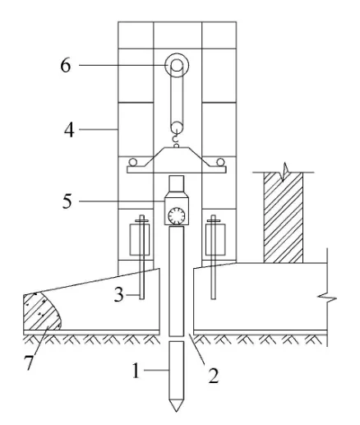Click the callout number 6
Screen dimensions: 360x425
pyautogui.click(x=66, y=65)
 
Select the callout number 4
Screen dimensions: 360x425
pyautogui.click(x=70, y=130)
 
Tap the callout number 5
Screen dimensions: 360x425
pyautogui.click(x=67, y=201)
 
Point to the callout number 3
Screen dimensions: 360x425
pyautogui.click(x=119, y=295)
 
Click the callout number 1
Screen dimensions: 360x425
pyautogui.click(x=136, y=371)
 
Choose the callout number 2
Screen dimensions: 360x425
pyautogui.click(x=214, y=376)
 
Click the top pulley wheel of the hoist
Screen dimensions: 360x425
pyautogui.click(x=177, y=65)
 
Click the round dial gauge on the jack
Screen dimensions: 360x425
pyautogui.click(x=177, y=216)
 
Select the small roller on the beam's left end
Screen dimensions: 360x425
pyautogui.click(x=133, y=162)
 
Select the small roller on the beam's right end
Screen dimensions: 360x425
pyautogui.click(x=220, y=162)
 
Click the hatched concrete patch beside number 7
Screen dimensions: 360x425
pyautogui.click(x=41, y=312)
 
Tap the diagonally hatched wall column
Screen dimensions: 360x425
pyautogui.click(x=284, y=218)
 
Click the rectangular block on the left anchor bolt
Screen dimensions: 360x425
pyautogui.click(x=140, y=240)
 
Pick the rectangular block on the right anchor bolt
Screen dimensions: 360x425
pyautogui.click(x=215, y=240)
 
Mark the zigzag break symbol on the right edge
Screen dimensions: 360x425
pyautogui.click(x=327, y=298)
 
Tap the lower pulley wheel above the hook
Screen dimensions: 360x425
pyautogui.click(x=177, y=127)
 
